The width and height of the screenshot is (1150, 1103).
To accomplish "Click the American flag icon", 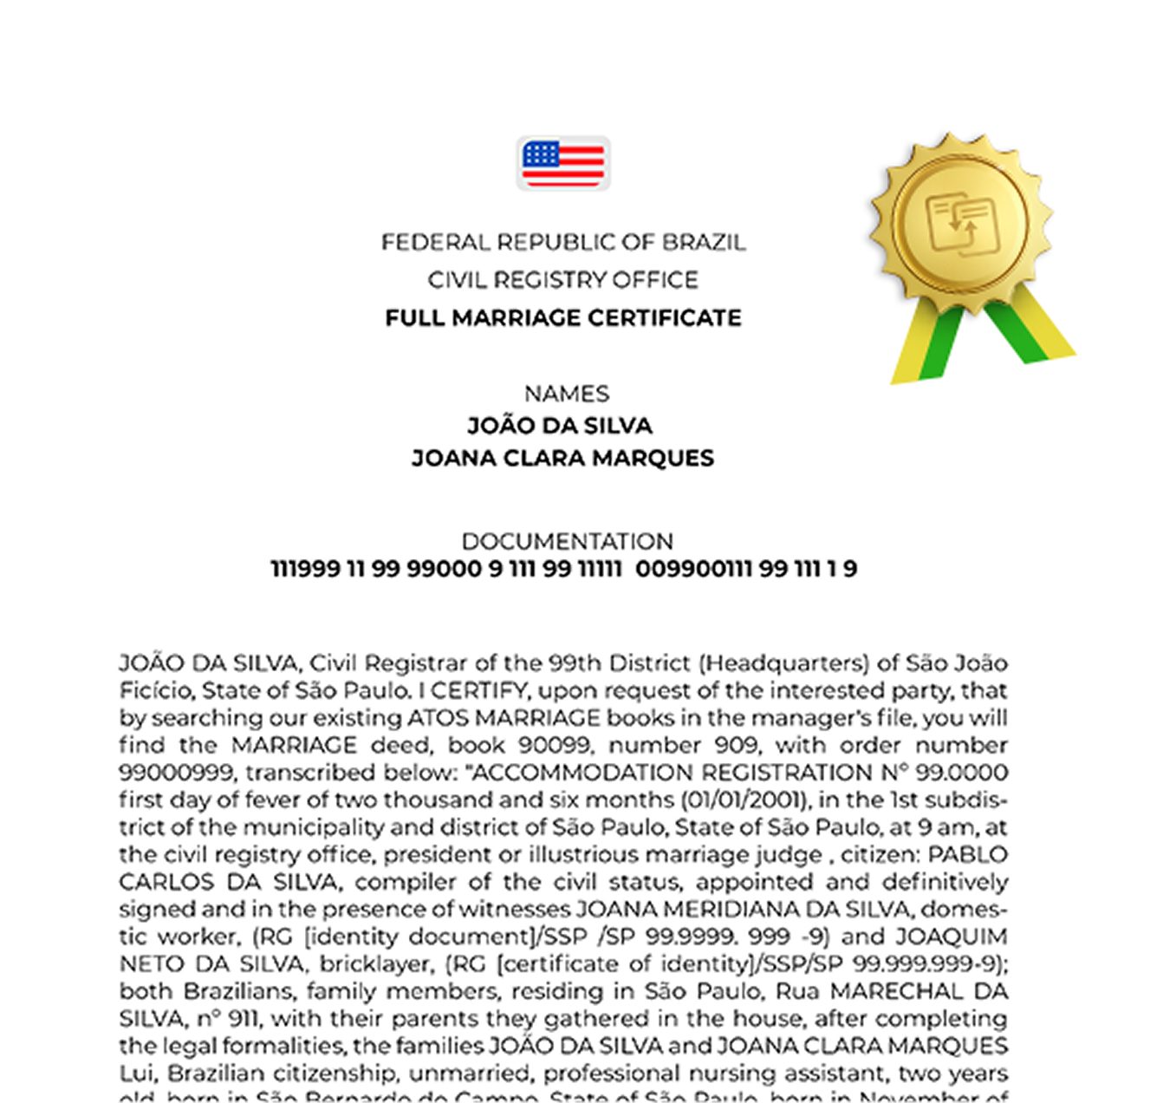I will (x=563, y=163).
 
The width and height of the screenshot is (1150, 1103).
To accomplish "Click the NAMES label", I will (x=567, y=394).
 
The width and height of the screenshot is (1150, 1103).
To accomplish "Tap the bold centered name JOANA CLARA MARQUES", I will (x=562, y=458).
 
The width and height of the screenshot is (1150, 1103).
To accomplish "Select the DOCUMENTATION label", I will (x=567, y=542).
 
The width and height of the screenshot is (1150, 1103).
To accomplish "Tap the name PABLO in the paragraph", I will (x=967, y=855).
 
